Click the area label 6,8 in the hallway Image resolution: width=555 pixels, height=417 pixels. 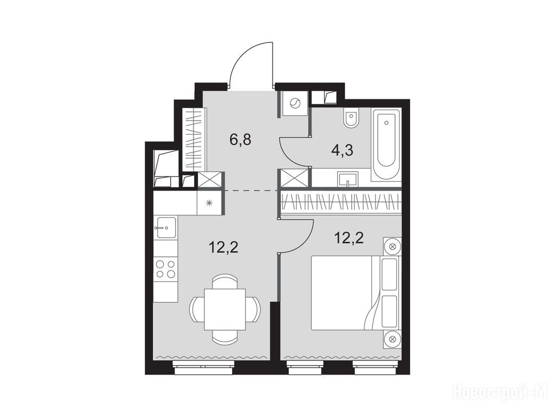pyautogui.click(x=240, y=140)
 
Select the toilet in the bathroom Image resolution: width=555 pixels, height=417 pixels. pyautogui.click(x=351, y=118)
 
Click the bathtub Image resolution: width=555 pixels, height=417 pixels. pyautogui.click(x=386, y=144)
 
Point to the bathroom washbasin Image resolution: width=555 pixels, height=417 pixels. pyautogui.click(x=347, y=179)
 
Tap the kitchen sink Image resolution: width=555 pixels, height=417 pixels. pyautogui.click(x=166, y=228)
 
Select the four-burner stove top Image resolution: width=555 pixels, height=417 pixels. pyautogui.click(x=166, y=269)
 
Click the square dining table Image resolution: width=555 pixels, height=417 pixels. pyautogui.click(x=225, y=309)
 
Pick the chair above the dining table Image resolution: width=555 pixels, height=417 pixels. pyautogui.click(x=225, y=281)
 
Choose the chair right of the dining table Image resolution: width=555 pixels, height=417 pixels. pyautogui.click(x=254, y=309)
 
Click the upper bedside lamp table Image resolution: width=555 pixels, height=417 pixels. pyautogui.click(x=392, y=247)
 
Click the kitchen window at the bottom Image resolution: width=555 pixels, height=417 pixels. pyautogui.click(x=204, y=368)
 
